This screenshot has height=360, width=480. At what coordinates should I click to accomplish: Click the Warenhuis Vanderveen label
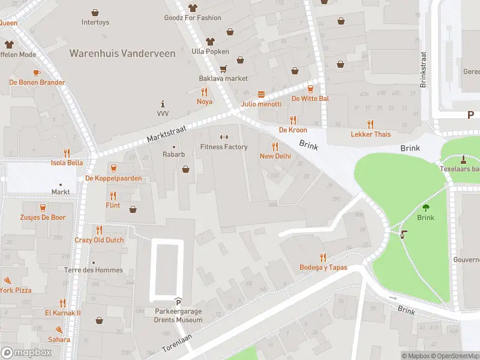(x=122, y=53)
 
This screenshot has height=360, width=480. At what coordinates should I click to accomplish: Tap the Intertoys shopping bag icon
(x=95, y=12)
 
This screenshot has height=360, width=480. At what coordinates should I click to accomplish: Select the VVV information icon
(x=163, y=103)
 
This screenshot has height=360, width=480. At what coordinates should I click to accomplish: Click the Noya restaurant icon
(x=205, y=92)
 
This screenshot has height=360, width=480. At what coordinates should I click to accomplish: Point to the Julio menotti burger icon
(x=261, y=94)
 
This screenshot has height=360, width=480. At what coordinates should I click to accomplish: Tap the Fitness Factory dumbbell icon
(x=224, y=137)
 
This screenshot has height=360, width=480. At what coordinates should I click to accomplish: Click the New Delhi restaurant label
(x=275, y=156)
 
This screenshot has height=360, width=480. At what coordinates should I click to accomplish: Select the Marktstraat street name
(x=167, y=134)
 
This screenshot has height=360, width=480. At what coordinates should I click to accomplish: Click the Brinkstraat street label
(x=423, y=68)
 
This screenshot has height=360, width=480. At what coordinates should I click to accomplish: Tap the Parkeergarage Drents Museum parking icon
(x=178, y=301)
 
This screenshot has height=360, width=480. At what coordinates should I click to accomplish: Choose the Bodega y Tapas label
(x=323, y=267)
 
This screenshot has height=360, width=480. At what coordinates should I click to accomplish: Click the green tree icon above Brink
(x=425, y=208)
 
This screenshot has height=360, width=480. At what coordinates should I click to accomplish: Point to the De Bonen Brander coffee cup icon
(x=36, y=73)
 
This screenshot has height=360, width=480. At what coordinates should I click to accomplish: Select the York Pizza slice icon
(x=7, y=280)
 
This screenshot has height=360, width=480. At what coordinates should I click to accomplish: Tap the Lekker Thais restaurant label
(x=370, y=134)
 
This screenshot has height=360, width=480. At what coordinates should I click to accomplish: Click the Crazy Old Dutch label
(x=99, y=240)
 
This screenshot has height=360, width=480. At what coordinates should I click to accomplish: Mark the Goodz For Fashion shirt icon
(x=193, y=8)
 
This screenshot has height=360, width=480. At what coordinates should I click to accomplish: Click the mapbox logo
(x=26, y=352)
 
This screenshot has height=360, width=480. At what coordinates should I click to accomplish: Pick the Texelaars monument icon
(x=463, y=160)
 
